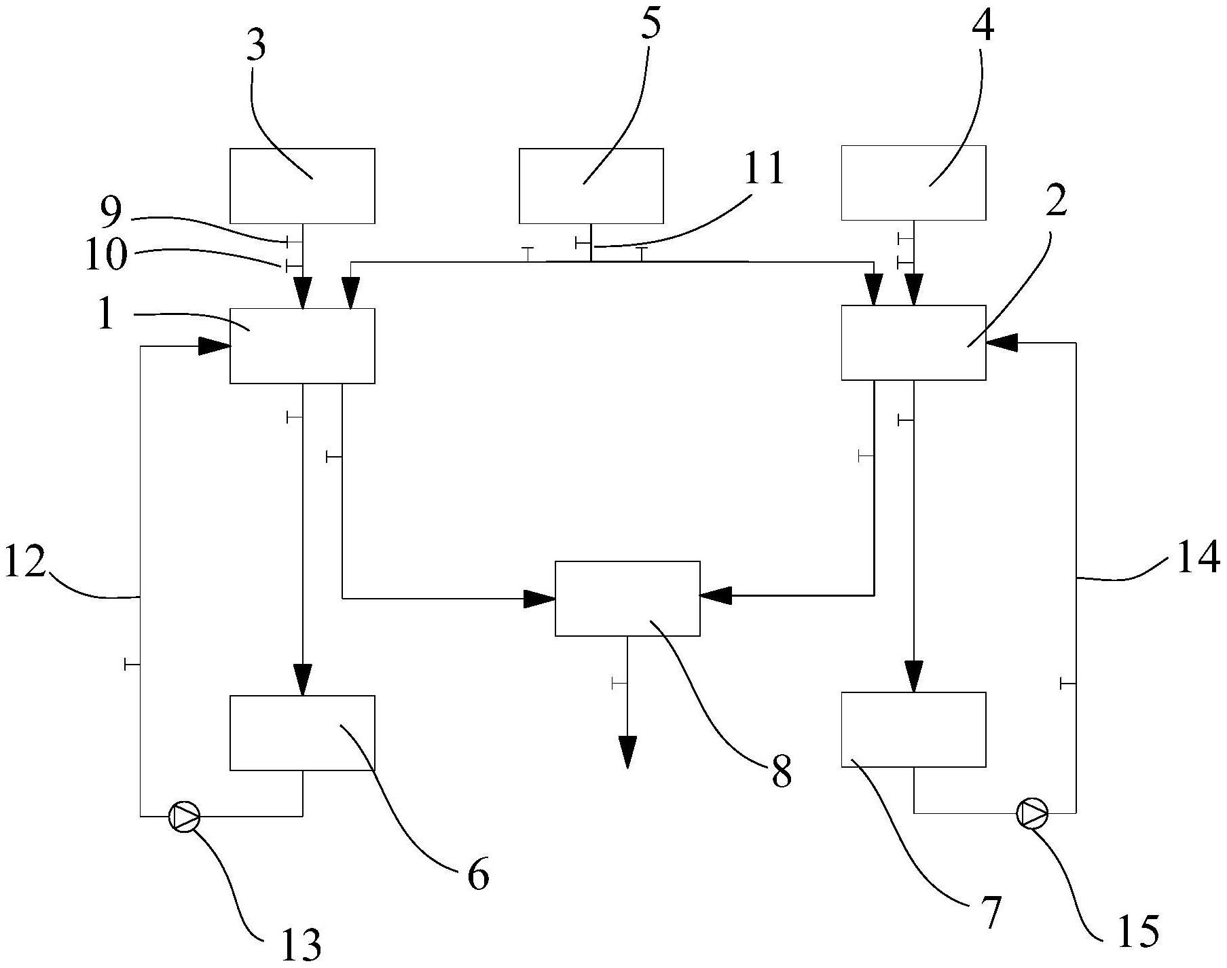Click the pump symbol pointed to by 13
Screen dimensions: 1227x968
[x=184, y=816]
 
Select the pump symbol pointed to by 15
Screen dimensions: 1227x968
[x=1032, y=813]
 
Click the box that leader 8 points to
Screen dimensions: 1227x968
[x=627, y=599]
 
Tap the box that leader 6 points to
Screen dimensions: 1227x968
[x=302, y=733]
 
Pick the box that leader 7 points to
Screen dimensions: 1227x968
[x=913, y=730]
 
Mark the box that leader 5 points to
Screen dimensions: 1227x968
[x=591, y=186]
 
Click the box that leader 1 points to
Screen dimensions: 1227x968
[x=302, y=346]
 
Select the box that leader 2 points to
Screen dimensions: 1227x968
[x=913, y=343]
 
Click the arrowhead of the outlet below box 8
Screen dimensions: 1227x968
[x=627, y=752]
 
